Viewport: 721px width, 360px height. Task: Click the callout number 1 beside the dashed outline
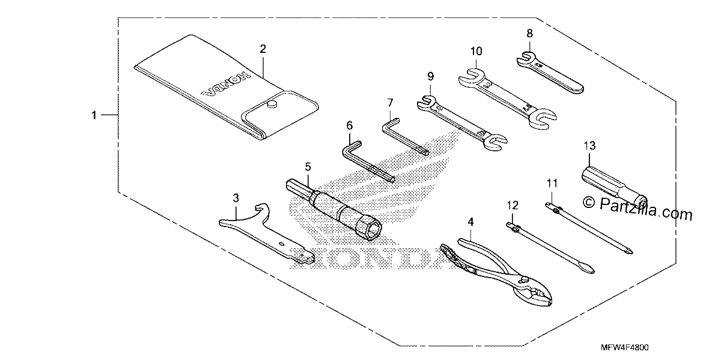(94, 115)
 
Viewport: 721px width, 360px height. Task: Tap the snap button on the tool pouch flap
(272, 104)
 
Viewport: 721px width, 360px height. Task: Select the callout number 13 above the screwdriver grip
(589, 146)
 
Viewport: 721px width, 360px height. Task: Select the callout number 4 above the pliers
(470, 222)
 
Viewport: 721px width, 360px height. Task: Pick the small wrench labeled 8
(550, 73)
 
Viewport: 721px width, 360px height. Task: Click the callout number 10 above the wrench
(476, 51)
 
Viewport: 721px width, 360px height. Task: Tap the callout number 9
(430, 76)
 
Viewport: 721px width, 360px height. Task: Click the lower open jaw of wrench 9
(495, 142)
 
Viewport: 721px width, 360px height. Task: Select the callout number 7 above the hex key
(390, 103)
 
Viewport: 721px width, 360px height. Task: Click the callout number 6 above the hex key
(350, 125)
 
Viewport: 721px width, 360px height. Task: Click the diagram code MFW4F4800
(625, 347)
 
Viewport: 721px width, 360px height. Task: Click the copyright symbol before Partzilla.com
(589, 202)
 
